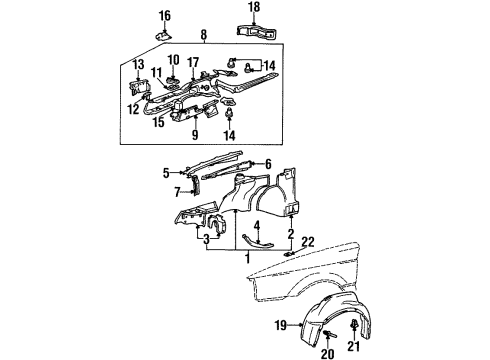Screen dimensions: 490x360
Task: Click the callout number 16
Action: pyautogui.click(x=165, y=16)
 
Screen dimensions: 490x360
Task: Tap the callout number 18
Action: pyautogui.click(x=254, y=7)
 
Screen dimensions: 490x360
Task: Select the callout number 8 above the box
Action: pyautogui.click(x=204, y=34)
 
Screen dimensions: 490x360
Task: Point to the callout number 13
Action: pyautogui.click(x=138, y=65)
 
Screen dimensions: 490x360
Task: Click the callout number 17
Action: pyautogui.click(x=194, y=62)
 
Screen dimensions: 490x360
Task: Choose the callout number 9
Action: pyautogui.click(x=195, y=135)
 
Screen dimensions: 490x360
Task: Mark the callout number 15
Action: pyautogui.click(x=159, y=122)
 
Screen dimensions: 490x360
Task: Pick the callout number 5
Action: pyautogui.click(x=166, y=173)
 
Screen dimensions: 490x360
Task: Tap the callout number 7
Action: pyautogui.click(x=177, y=192)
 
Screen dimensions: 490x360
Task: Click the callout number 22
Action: pyautogui.click(x=308, y=242)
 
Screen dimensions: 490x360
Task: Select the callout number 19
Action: pyautogui.click(x=281, y=325)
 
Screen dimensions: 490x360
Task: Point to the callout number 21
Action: pyautogui.click(x=354, y=347)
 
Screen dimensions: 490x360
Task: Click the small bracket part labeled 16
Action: pyautogui.click(x=164, y=34)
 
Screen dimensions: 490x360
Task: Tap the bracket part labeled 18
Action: pyautogui.click(x=258, y=31)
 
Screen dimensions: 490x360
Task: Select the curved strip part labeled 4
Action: pyautogui.click(x=257, y=244)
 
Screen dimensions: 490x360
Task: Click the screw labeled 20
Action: pyautogui.click(x=329, y=333)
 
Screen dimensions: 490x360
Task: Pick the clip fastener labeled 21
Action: pyautogui.click(x=354, y=324)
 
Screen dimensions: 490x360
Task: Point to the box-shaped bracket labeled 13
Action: pyautogui.click(x=139, y=87)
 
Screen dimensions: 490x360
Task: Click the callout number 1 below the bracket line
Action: pyautogui.click(x=247, y=258)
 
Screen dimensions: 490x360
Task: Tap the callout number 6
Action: pyautogui.click(x=268, y=164)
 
